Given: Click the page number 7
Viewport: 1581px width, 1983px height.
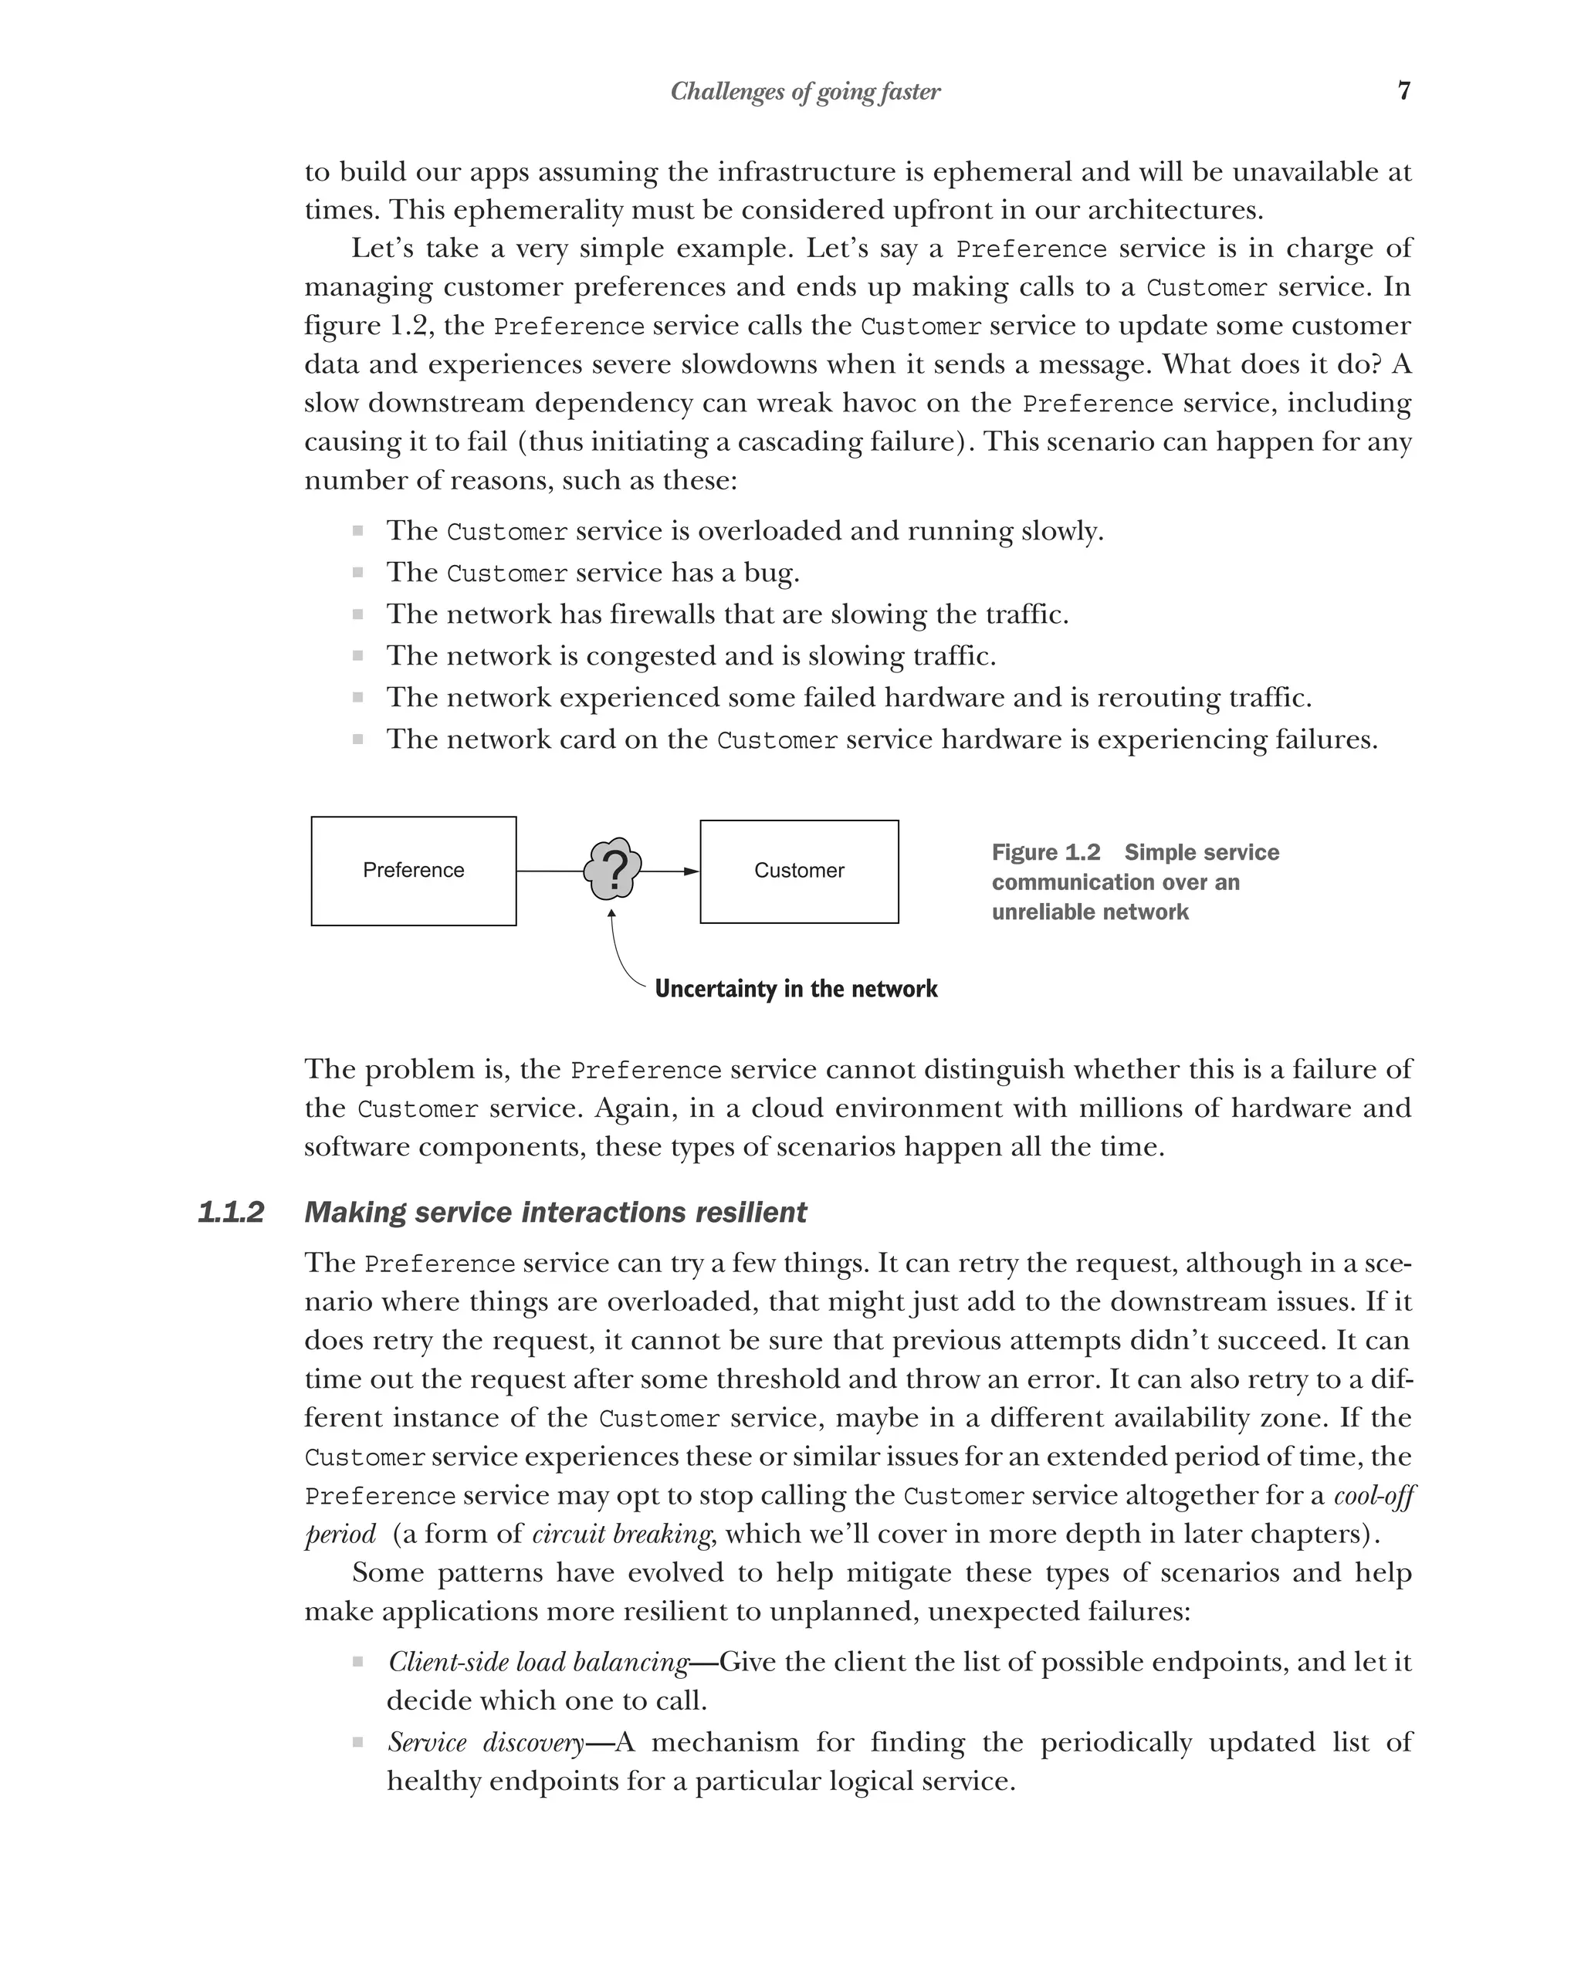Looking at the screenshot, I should coord(1403,90).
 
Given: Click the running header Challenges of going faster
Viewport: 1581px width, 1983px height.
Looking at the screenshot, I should coord(804,91).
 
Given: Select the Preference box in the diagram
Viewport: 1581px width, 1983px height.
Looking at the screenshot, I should coord(413,870).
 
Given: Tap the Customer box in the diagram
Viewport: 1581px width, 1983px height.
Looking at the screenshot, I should coord(798,870).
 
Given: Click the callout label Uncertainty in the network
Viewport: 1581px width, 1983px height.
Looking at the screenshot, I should coord(796,989).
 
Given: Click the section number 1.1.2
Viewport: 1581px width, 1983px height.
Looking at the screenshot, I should coord(231,1212).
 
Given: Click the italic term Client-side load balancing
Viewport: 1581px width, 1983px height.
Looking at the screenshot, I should coord(538,1662).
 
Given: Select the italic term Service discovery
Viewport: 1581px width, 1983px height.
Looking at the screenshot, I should coord(486,1742).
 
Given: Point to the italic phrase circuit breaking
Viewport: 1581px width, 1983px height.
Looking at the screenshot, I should coord(621,1535).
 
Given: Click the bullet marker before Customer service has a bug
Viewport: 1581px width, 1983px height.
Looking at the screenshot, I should coord(357,572).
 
